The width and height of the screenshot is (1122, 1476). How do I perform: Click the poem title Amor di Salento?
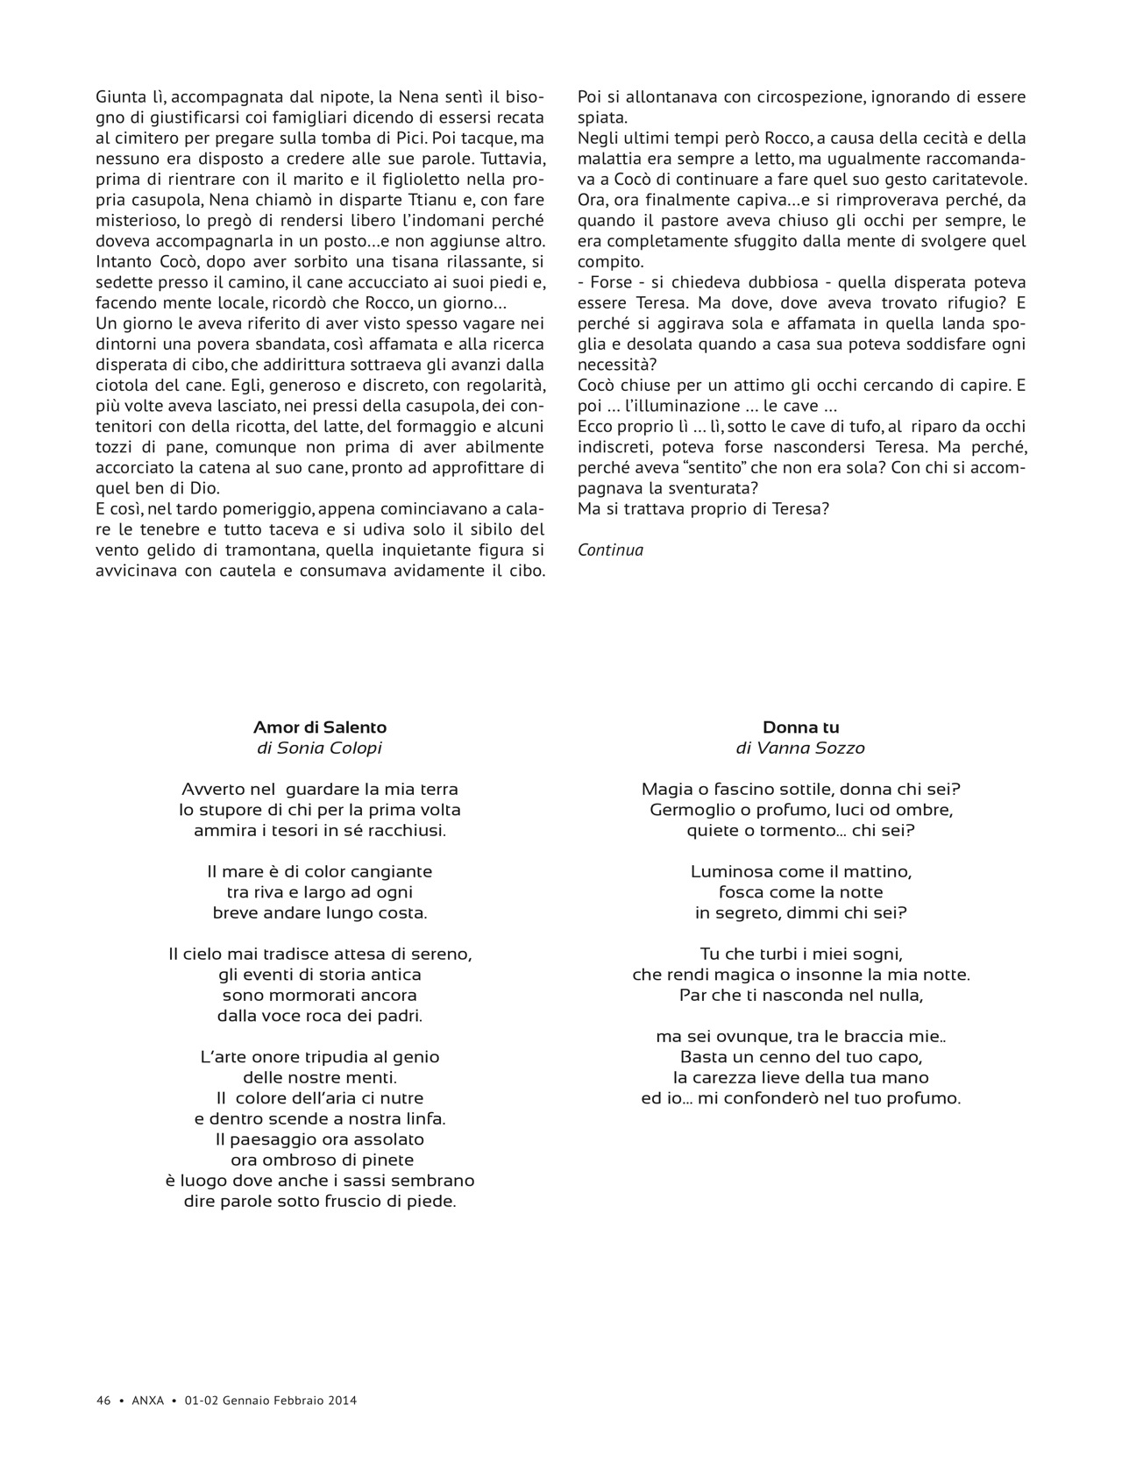(x=320, y=727)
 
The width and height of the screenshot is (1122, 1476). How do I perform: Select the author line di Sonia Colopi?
(x=320, y=749)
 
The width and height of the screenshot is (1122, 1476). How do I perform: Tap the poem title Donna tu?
(x=800, y=727)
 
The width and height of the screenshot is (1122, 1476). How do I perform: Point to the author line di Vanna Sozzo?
(x=800, y=749)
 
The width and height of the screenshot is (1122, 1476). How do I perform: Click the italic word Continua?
(x=610, y=550)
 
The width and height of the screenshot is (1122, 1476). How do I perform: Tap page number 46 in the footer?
(x=103, y=1401)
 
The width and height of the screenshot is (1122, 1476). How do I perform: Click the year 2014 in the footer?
(x=343, y=1401)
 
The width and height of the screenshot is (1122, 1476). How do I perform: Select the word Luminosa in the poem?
(x=728, y=872)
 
